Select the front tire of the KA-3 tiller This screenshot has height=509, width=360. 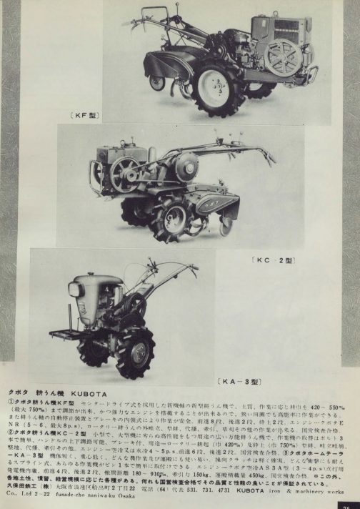pyautogui.click(x=135, y=352)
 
